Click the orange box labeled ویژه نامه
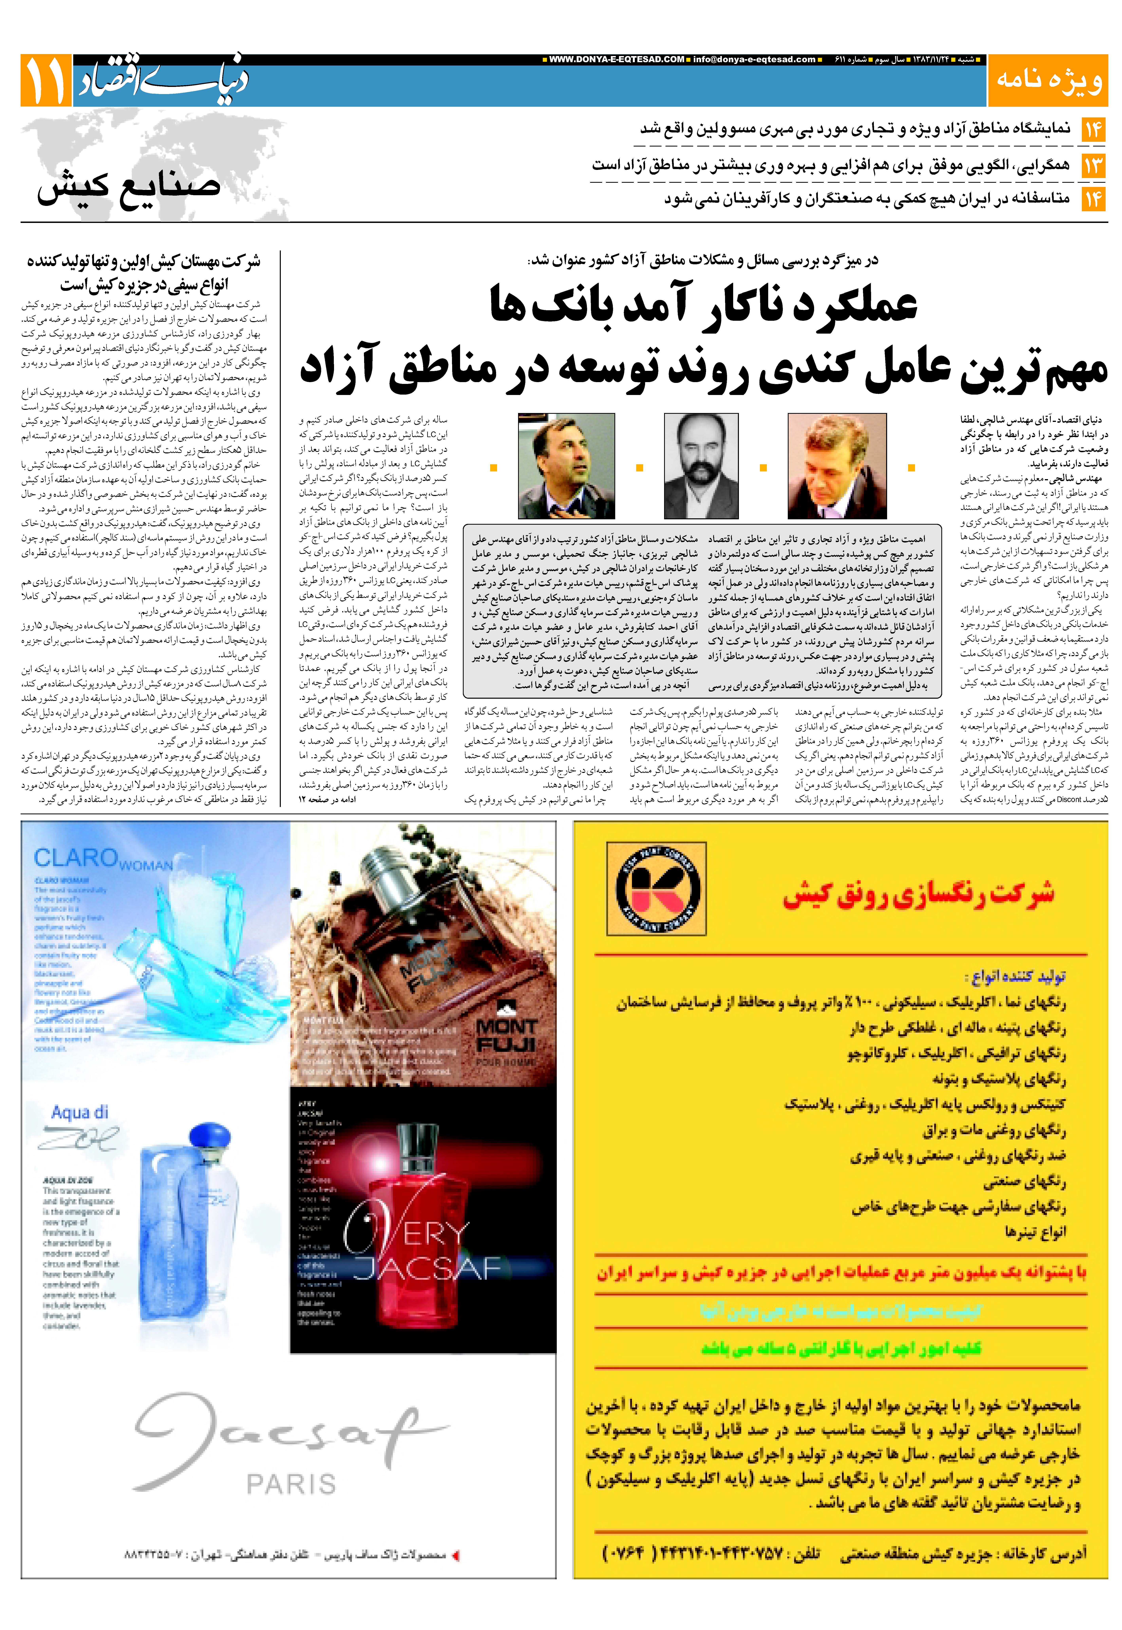click(1047, 80)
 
